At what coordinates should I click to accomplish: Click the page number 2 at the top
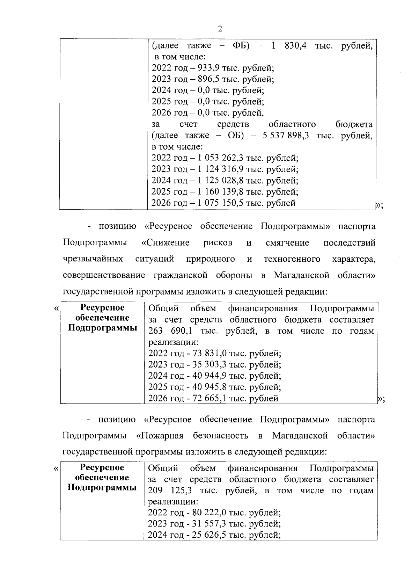220,29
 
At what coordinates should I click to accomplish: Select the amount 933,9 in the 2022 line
207,68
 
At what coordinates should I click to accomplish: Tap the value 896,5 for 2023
207,79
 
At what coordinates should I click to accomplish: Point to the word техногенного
292,259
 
